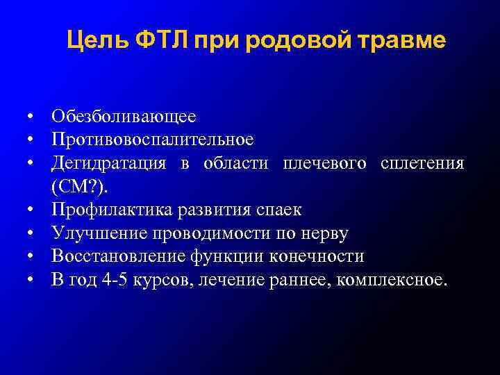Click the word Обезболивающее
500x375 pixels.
tap(123, 116)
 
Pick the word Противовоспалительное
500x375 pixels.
tap(152, 140)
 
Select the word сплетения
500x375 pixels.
tap(422, 163)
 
